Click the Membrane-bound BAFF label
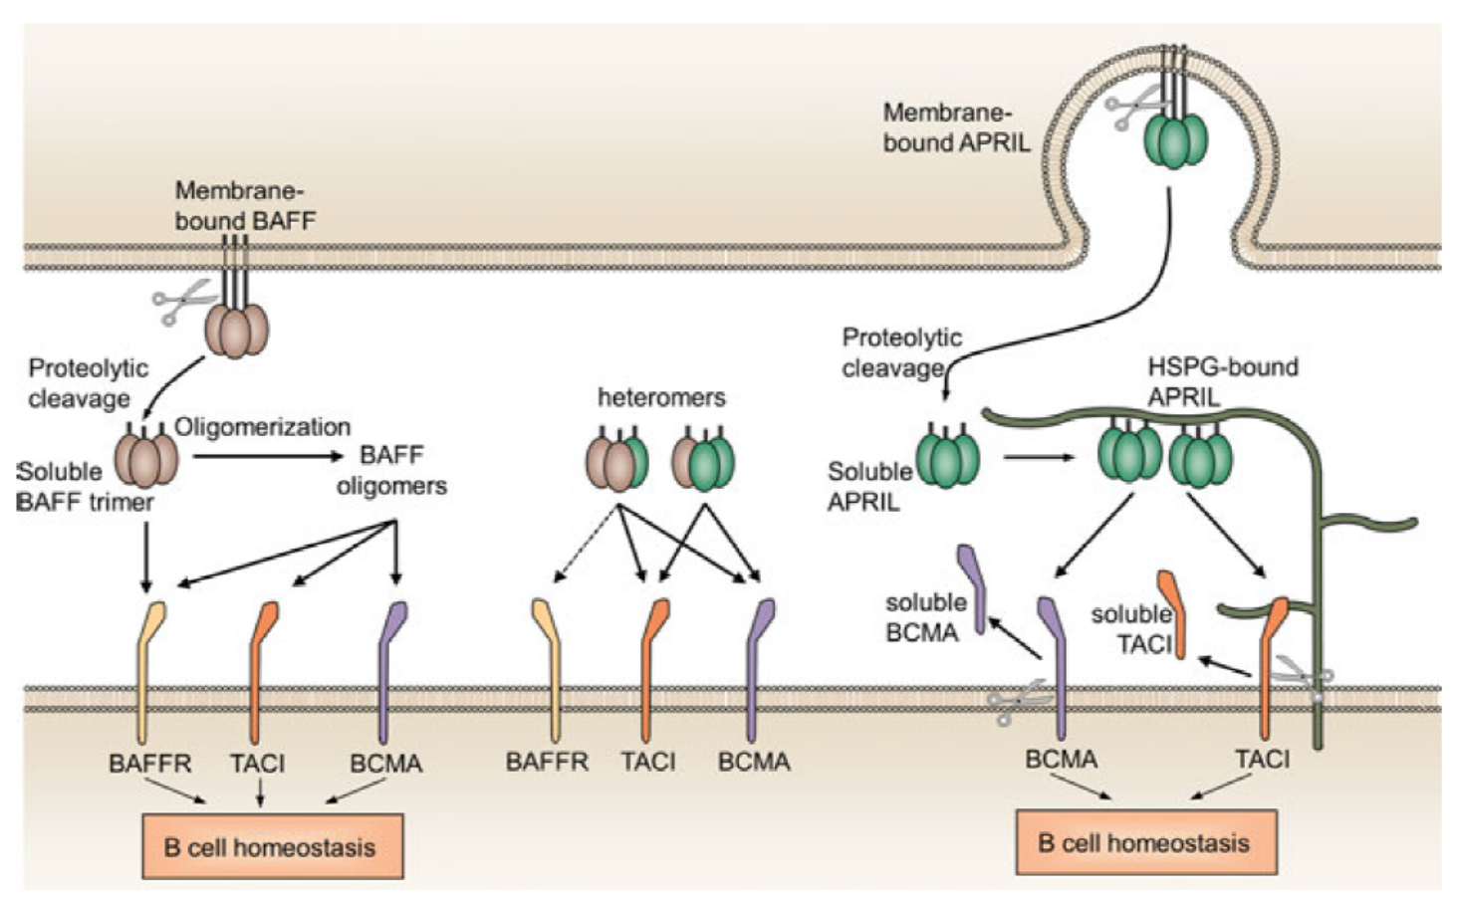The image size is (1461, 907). [244, 205]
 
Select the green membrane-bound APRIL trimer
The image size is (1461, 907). [1175, 141]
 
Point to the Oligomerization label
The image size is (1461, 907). [262, 427]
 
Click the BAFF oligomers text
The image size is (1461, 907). [390, 470]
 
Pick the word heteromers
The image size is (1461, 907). [661, 397]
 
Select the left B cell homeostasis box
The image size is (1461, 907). [273, 847]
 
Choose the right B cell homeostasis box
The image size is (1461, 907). [1144, 843]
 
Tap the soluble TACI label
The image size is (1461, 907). [1132, 629]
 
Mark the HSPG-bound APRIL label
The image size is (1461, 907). [1222, 381]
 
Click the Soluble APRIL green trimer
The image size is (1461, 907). [947, 458]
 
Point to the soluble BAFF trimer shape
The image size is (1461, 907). [146, 459]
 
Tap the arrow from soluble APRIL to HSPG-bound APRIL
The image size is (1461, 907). [1039, 458]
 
